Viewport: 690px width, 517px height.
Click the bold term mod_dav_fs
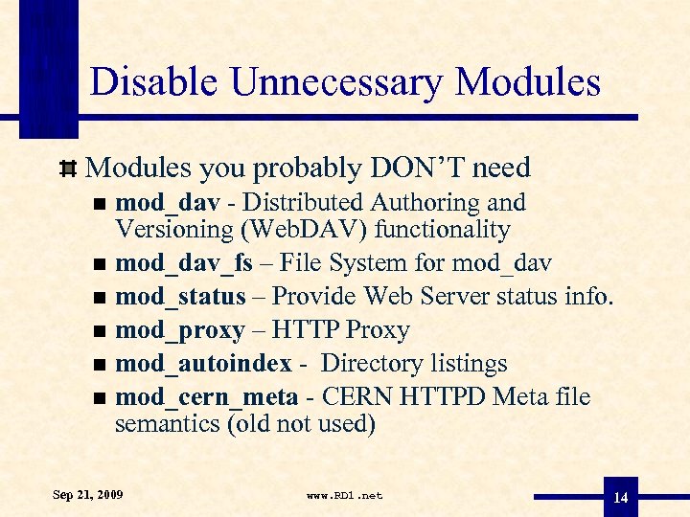pos(183,261)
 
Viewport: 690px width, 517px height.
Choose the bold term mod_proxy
pos(179,331)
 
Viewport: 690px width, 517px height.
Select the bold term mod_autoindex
pos(203,365)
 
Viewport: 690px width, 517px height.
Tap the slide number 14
pos(620,498)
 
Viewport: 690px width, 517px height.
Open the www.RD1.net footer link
pos(344,496)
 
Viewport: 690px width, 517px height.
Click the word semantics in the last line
pos(167,423)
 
